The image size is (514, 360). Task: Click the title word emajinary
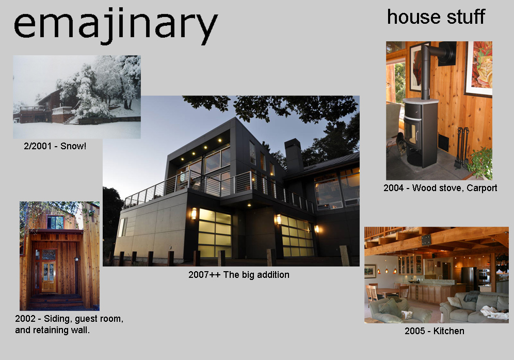click(116, 26)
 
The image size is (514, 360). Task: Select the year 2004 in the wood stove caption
click(393, 187)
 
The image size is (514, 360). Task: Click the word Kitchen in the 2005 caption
click(448, 331)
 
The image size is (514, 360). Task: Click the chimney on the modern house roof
click(294, 155)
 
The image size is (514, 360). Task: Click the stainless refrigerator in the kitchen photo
click(469, 278)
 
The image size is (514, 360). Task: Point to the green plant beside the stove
click(480, 163)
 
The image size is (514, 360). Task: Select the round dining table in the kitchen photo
click(387, 291)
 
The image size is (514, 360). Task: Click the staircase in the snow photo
click(71, 119)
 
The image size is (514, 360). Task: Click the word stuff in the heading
click(466, 17)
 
